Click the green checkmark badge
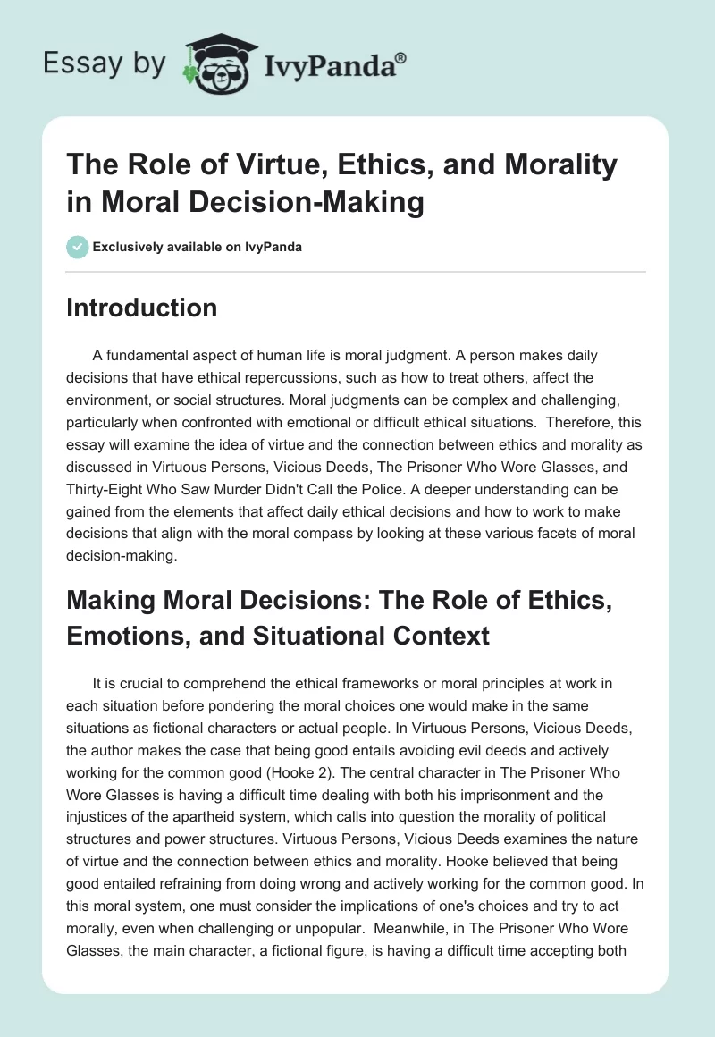point(78,247)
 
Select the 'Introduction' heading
point(142,308)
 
